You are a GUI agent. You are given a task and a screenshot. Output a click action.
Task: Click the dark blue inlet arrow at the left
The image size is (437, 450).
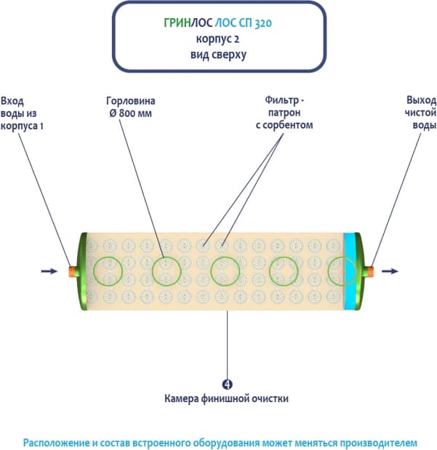pos(49,272)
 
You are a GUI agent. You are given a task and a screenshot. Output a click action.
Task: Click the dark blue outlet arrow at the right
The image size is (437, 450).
pos(390,272)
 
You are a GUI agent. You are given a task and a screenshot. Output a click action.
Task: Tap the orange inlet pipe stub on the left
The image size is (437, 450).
pos(73,271)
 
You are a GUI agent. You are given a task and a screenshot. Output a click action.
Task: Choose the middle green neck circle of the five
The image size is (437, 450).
pos(226,271)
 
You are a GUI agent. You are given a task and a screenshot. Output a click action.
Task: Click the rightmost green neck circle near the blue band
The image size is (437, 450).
pos(342,271)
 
